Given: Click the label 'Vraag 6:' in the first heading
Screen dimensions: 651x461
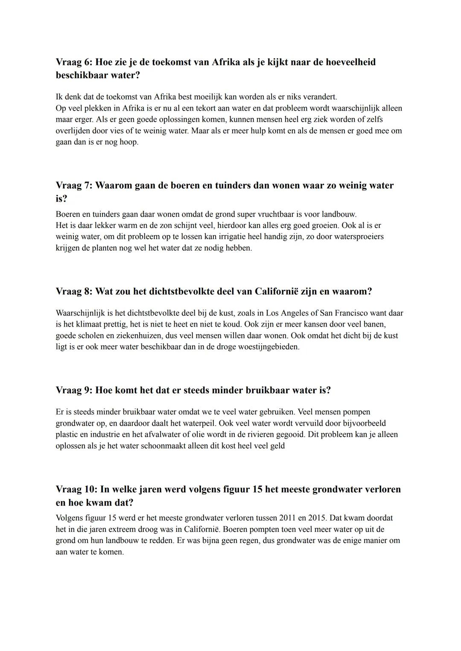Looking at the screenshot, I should (74, 62).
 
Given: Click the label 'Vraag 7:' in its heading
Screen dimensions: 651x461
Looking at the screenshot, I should (74, 186).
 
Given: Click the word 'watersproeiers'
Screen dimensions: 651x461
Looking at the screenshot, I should (356, 237).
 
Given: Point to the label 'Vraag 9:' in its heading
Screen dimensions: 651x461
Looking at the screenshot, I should (74, 390).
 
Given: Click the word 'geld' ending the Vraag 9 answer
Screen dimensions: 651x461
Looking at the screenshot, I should (277, 446).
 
